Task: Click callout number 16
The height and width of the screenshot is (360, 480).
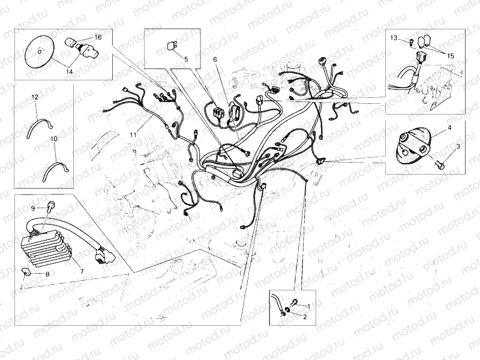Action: click(98, 37)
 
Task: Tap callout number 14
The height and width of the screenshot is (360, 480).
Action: click(69, 71)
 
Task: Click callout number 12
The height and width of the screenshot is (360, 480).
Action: click(35, 96)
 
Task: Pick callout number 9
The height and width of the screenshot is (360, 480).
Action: click(34, 208)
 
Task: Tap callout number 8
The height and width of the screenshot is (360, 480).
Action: click(48, 274)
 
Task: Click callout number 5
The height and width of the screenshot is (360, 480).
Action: click(186, 59)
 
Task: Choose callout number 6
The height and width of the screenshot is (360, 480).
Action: click(214, 59)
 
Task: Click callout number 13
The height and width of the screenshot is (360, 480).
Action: click(394, 38)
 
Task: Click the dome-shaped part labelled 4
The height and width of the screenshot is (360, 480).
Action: click(413, 148)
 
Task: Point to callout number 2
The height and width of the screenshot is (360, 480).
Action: click(305, 316)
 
